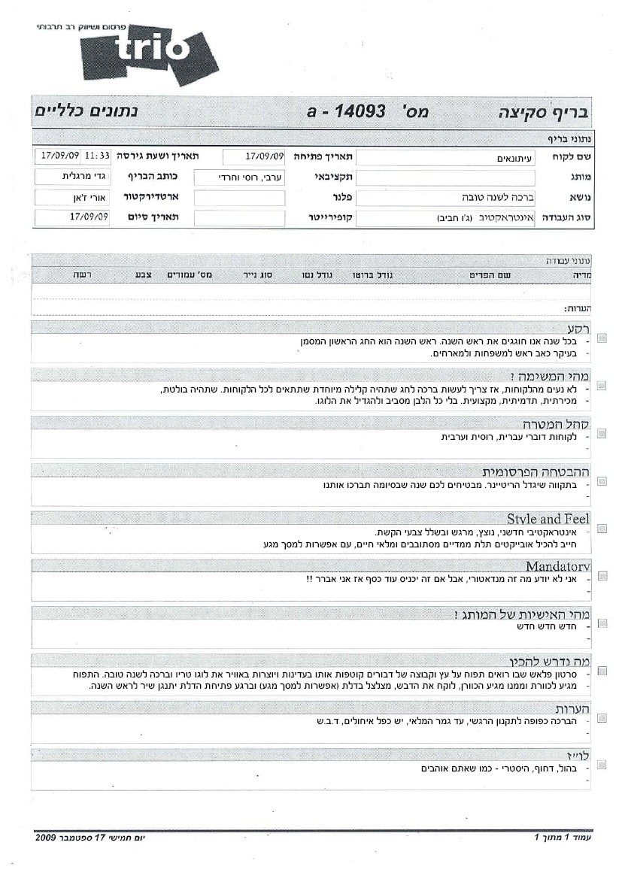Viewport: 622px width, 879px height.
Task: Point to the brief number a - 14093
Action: (x=345, y=112)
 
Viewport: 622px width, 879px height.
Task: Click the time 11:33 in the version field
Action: (x=97, y=156)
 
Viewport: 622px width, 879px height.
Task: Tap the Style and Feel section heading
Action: (x=548, y=519)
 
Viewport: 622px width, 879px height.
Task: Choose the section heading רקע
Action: (x=578, y=329)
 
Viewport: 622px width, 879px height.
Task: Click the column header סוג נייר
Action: (x=256, y=276)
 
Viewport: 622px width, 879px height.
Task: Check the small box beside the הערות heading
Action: (x=602, y=718)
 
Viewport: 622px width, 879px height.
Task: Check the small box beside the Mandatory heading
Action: (x=602, y=576)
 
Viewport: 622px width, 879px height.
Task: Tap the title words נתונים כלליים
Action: (x=86, y=112)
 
